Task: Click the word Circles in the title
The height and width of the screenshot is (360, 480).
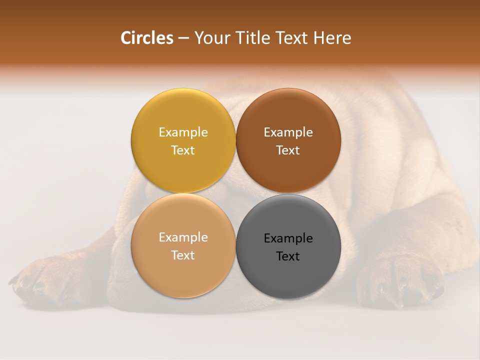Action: click(x=146, y=38)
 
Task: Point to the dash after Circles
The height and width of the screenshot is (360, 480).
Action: click(x=183, y=38)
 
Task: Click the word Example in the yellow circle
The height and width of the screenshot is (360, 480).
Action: click(x=183, y=132)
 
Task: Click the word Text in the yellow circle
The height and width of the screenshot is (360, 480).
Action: click(x=183, y=150)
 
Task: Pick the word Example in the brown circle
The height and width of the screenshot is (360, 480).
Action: click(x=288, y=132)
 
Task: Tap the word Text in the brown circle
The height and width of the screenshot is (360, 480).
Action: click(x=288, y=150)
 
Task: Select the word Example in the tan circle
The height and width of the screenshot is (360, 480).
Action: click(x=183, y=237)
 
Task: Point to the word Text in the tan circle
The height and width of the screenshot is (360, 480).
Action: click(x=183, y=255)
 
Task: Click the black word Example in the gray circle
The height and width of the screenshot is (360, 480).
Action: click(x=288, y=238)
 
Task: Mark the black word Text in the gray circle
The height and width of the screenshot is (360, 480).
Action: click(x=288, y=256)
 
